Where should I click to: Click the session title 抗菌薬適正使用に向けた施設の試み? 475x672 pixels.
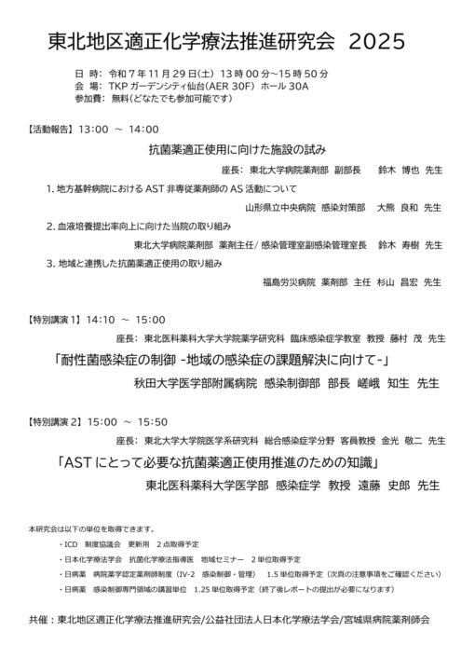[x=237, y=149]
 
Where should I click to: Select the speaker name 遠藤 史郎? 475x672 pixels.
[x=384, y=485]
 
